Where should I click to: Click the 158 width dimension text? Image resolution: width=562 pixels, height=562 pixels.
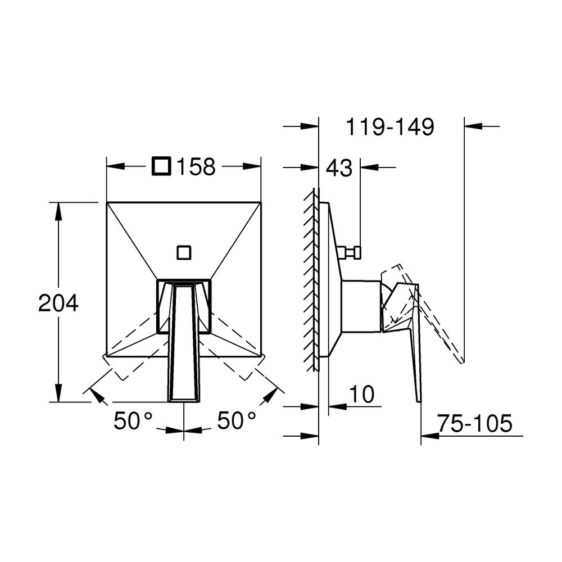coord(196,167)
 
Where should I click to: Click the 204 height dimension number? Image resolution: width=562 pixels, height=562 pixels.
coord(58,303)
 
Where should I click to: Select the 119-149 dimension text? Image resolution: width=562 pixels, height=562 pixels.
coord(390,126)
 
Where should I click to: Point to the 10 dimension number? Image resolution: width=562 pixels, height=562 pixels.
coord(362,395)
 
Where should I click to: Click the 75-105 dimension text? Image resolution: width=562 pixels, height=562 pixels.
coord(474,423)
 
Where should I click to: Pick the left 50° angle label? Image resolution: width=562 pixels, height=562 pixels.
coord(133,420)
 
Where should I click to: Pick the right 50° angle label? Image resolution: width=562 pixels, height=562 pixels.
coord(237,420)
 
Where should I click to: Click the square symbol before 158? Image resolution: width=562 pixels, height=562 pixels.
coord(161,166)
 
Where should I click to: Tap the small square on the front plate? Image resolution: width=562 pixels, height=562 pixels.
coord(184,253)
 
